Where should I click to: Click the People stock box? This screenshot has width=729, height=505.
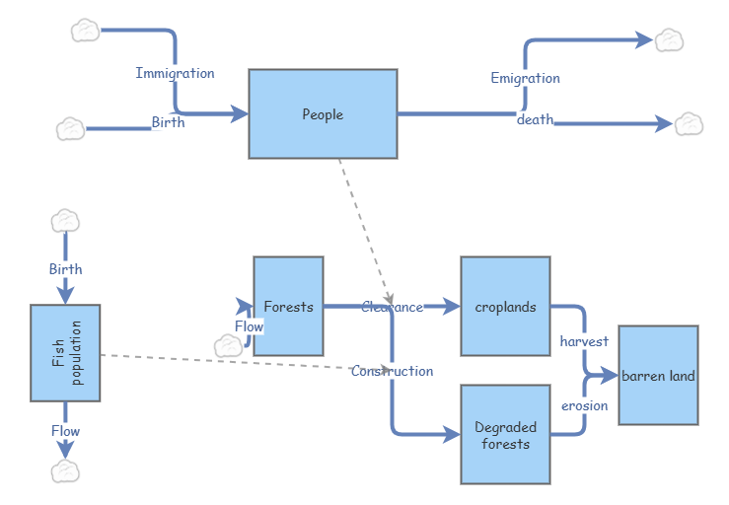(323, 113)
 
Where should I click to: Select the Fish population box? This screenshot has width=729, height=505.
(65, 353)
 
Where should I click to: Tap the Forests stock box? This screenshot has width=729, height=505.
(288, 306)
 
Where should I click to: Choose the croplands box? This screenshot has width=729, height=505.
(505, 306)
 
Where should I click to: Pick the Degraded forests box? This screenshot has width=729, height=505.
(505, 435)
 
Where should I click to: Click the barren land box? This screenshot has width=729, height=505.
(658, 375)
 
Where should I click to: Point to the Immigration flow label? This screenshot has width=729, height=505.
(175, 73)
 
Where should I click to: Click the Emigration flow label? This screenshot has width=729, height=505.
(525, 78)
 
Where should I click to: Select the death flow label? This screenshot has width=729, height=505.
(535, 119)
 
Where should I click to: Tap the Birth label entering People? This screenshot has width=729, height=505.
(168, 122)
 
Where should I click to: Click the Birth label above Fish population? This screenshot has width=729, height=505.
(65, 268)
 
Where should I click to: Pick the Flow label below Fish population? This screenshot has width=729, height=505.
(65, 431)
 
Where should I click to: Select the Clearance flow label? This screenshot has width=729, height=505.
(392, 307)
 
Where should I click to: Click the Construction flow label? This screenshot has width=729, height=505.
(392, 371)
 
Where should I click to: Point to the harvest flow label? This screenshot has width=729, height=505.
(584, 341)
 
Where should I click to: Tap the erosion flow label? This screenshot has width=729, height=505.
(584, 405)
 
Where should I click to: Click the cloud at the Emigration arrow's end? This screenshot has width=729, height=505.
(670, 39)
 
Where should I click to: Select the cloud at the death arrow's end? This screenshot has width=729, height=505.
(688, 123)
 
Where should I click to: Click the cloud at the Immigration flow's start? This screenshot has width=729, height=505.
(86, 31)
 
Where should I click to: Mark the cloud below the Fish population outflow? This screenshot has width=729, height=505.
(65, 471)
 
